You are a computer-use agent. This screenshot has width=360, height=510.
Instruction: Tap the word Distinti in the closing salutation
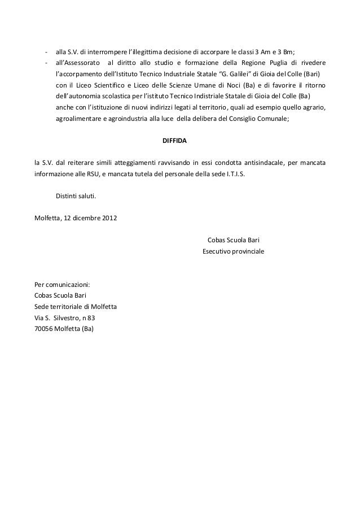68,196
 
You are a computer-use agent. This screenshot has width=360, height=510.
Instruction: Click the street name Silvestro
70,317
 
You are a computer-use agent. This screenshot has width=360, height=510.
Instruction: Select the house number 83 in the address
91,317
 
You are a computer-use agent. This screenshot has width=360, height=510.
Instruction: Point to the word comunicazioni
68,284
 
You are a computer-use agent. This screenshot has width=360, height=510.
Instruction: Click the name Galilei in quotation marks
231,75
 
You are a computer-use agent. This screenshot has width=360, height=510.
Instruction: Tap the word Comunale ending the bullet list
271,119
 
